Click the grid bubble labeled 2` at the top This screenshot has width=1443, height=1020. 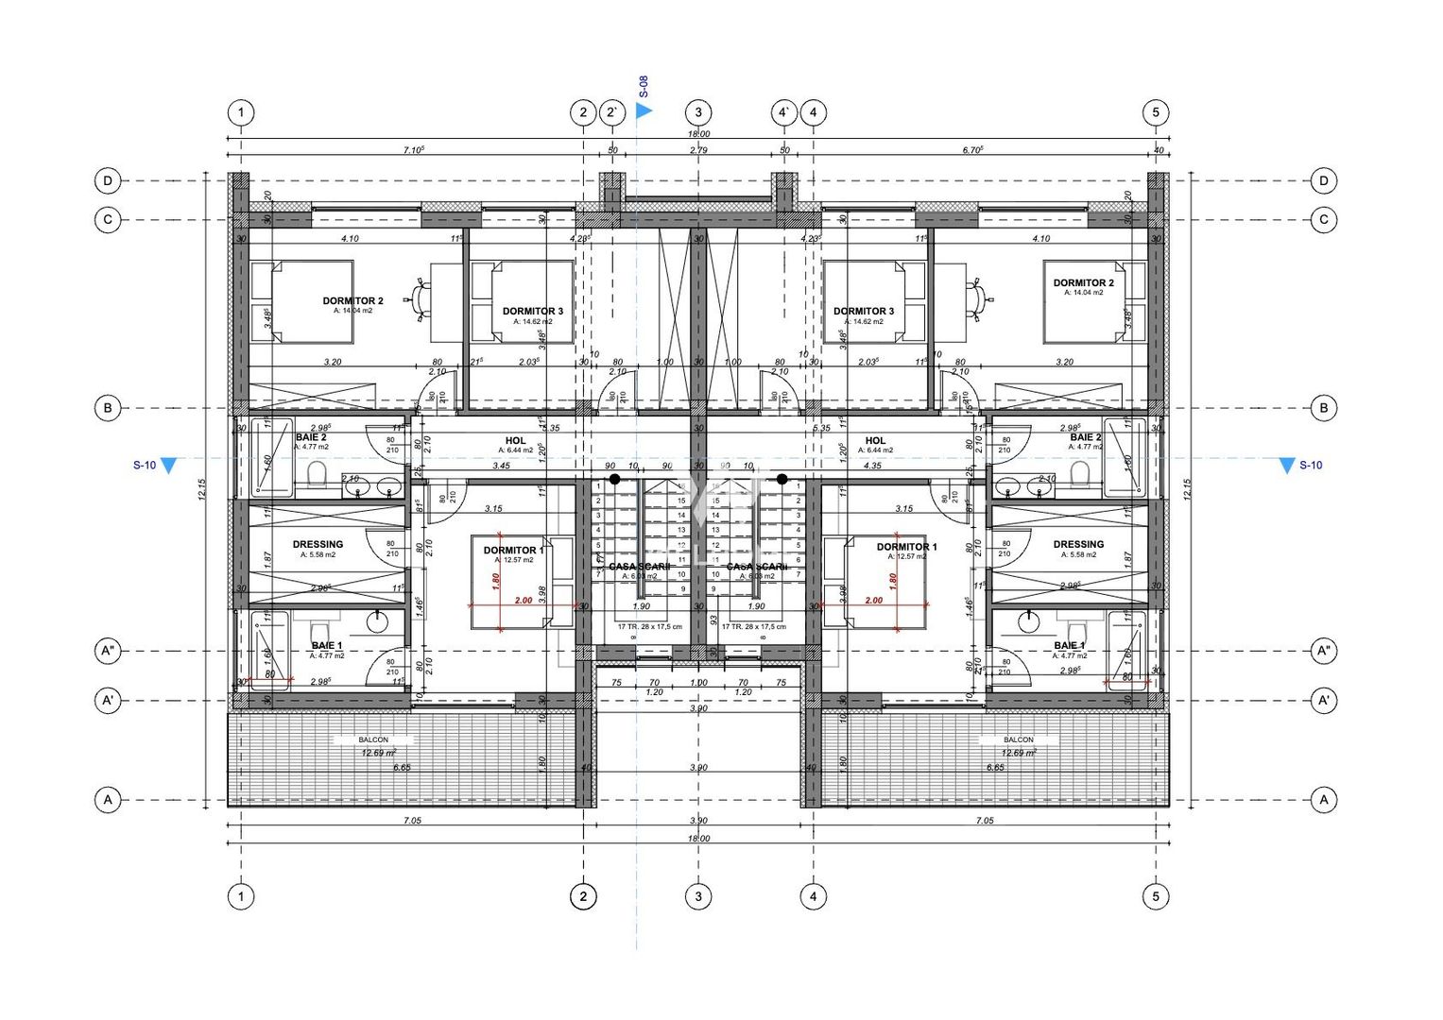coord(613,112)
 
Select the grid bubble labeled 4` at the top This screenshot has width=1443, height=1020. coord(784,112)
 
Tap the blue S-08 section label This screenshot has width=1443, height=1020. coord(644,88)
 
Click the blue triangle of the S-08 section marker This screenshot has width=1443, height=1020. coord(644,110)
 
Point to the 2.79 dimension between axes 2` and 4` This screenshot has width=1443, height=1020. coord(698,150)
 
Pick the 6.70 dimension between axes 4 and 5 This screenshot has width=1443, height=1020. coord(973,150)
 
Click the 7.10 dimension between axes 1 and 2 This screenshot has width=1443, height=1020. coord(413,150)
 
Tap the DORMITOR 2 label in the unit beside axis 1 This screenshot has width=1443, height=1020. coord(352,301)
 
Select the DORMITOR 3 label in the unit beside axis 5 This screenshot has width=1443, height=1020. coord(863,311)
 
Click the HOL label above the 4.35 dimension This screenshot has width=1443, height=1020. coord(875,441)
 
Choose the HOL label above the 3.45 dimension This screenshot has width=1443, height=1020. coord(515,441)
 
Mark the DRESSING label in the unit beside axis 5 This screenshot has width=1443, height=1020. coord(1078,545)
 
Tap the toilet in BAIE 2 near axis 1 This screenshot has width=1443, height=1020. coord(317,472)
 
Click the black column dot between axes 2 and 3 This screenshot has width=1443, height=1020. coord(614,480)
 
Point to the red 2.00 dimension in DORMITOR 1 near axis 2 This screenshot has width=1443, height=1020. coord(523,601)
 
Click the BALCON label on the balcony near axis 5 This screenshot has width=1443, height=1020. coord(1018,739)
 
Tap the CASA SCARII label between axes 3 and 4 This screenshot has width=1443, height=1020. coord(756,567)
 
